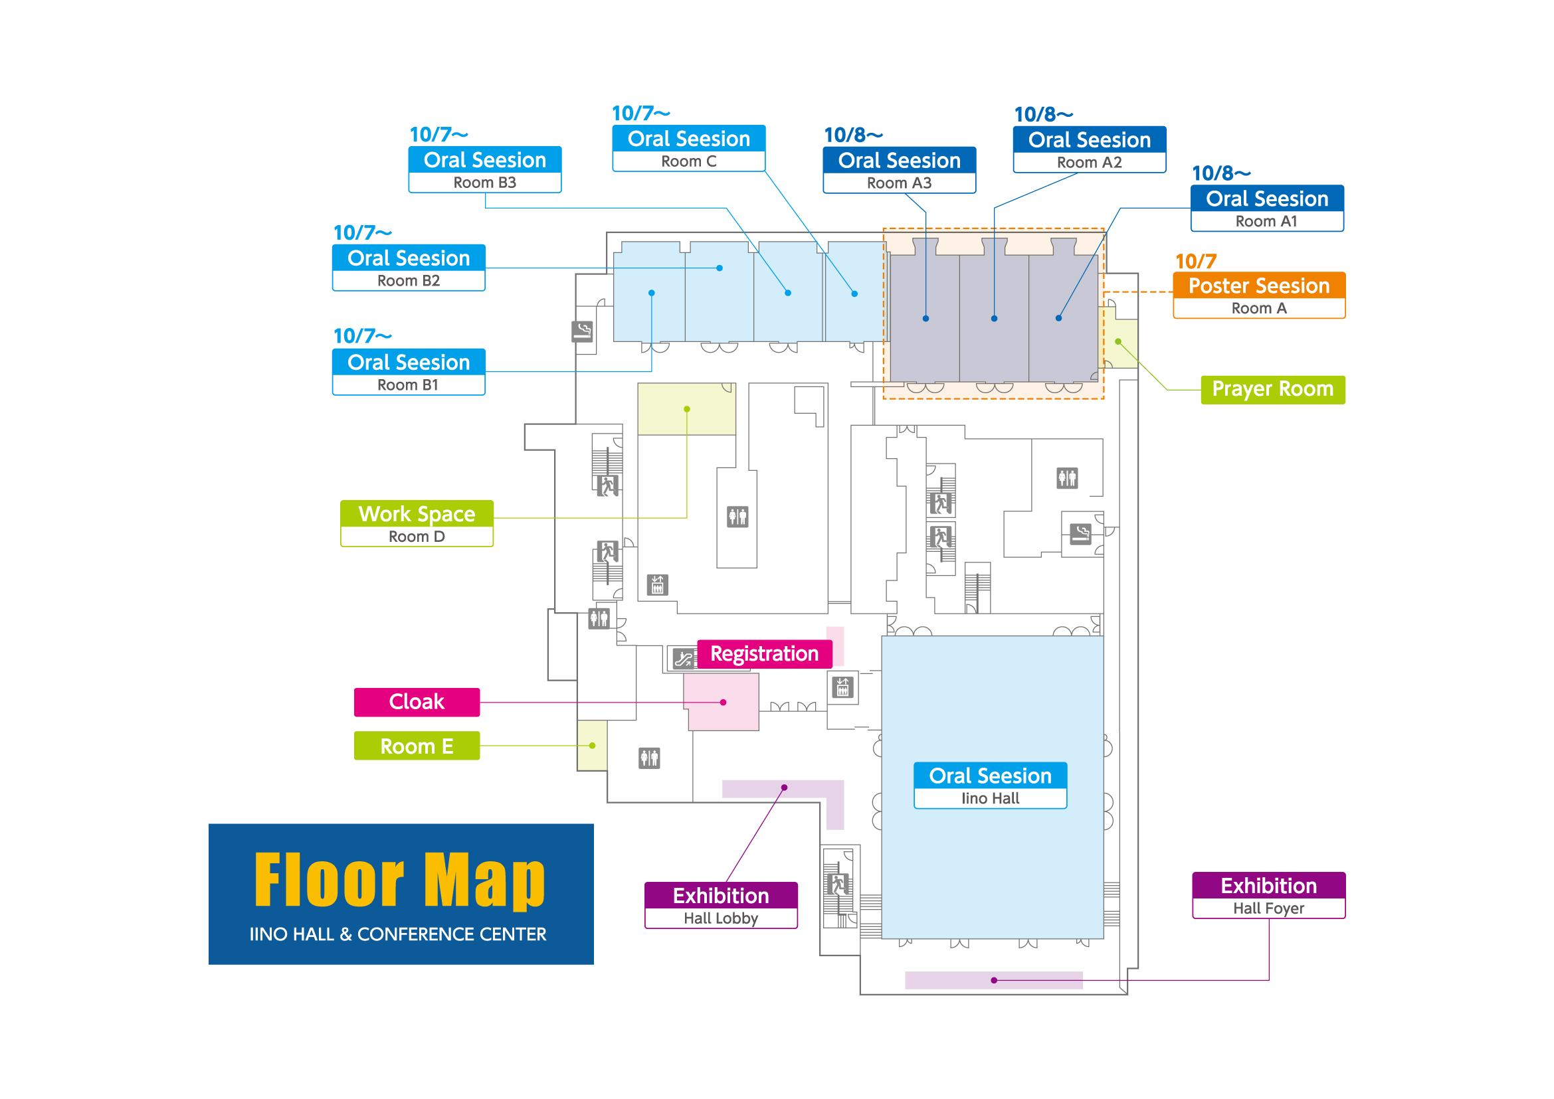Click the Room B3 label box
(485, 169)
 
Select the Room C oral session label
(688, 148)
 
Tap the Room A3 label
(899, 170)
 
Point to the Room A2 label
(1090, 149)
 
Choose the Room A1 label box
(1267, 209)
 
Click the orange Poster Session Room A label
(1259, 295)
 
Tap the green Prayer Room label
(1272, 390)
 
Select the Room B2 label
(409, 268)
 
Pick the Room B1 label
(409, 372)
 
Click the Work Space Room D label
(417, 524)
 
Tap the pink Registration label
(765, 654)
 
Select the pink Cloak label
(417, 703)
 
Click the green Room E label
(417, 746)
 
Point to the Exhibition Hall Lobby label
(720, 906)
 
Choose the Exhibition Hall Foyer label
(1268, 895)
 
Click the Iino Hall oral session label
(990, 786)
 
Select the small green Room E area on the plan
(592, 746)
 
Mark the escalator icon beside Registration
(683, 659)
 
